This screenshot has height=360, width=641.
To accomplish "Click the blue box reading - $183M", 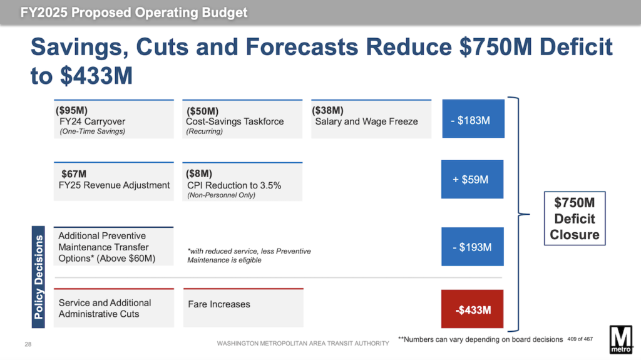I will coord(473,120).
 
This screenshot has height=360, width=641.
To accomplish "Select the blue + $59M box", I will coord(473,180).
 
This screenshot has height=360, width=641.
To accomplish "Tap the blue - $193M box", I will coord(473,247).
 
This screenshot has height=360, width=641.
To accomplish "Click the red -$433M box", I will coord(473,309).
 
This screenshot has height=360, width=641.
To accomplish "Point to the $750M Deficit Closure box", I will coord(575,219).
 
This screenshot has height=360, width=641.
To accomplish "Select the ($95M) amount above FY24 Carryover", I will coord(71,110).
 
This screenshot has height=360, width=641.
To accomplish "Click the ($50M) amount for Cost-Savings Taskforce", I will coord(202,111).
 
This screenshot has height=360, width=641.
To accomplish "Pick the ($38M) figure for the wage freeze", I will coord(327,110).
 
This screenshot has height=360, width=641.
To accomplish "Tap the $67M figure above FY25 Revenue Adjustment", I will coord(74,173).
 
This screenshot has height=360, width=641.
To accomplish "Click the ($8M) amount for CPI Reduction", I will coord(199,173).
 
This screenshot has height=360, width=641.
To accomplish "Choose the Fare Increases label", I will coord(218,304).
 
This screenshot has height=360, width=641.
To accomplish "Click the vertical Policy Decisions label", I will coord(39,277).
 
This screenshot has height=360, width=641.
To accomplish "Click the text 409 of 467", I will coord(580,339).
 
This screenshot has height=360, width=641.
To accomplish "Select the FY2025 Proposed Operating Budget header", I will coord(134,13).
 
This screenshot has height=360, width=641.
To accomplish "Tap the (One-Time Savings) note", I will coord(92,131).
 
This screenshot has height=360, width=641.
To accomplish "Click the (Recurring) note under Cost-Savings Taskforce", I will coord(205,131).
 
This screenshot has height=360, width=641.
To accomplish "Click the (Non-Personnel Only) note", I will coord(222,195).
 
